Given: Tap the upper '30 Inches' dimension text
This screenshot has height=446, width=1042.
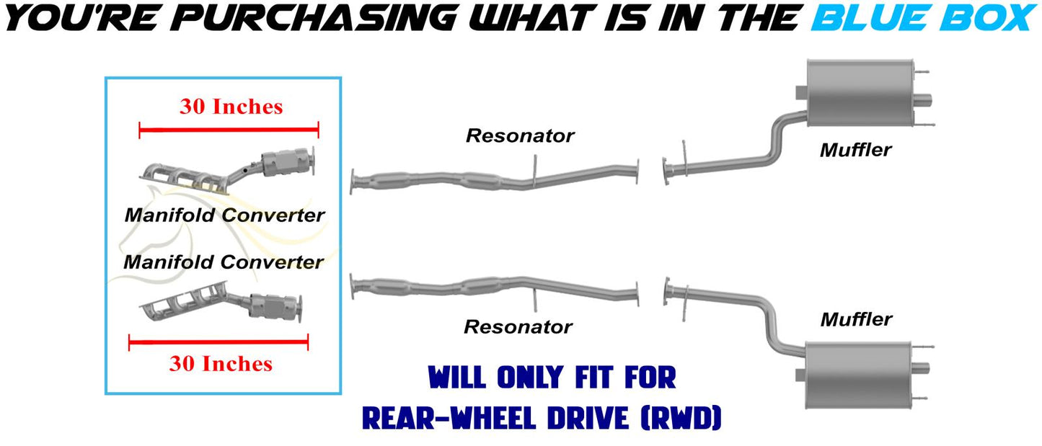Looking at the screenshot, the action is point(231,107).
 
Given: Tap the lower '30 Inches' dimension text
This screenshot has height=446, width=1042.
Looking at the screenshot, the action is point(221,363).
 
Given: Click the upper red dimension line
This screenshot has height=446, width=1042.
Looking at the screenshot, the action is point(229,130).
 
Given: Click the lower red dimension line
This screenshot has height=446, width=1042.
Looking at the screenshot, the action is point(218,342).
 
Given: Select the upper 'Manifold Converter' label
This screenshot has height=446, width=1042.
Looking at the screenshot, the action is point(225,215).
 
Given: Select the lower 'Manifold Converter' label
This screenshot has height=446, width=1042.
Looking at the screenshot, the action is point(224,262).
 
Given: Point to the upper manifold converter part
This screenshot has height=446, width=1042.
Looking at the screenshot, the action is point(228,170).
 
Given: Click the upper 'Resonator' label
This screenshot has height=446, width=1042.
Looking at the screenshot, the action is point(520,135).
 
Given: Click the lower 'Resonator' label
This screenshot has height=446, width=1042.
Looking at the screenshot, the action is point(518,326).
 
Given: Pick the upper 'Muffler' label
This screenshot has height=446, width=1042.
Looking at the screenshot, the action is point(856,150).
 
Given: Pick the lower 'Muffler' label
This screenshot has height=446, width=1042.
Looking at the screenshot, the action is point(857,319).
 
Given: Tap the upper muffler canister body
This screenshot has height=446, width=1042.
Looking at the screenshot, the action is point(860,93).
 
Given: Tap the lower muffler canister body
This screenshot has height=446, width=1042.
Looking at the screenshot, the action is point(858,375).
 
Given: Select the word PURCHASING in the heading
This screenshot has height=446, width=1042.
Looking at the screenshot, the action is point(317,18).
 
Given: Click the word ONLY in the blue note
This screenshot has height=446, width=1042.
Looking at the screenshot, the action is point(530,377).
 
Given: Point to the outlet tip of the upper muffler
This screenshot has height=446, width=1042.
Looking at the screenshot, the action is point(924,99).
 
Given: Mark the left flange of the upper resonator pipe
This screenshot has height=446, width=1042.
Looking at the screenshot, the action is point(353,182).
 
